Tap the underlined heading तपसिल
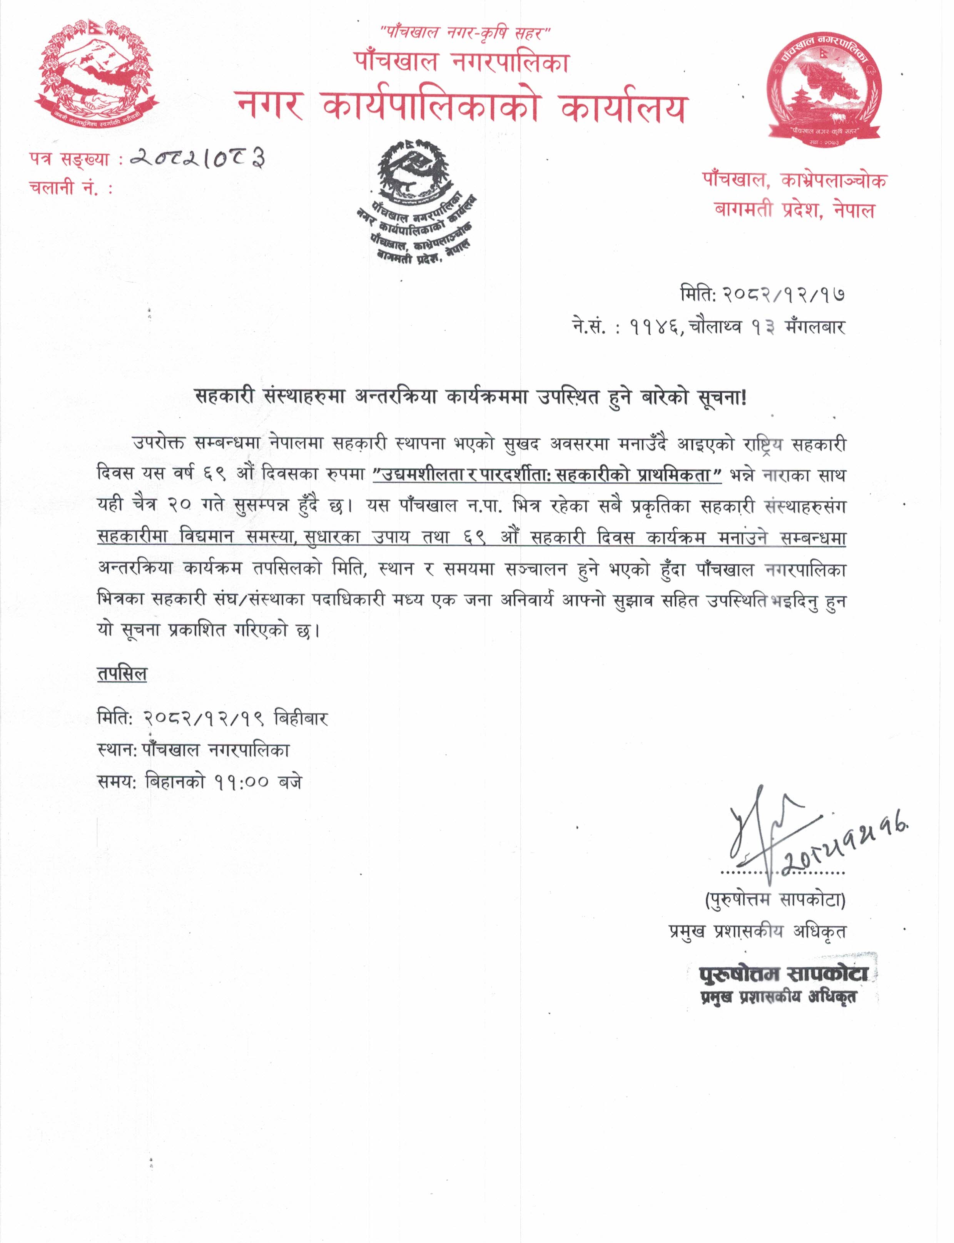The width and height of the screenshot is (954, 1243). tap(122, 674)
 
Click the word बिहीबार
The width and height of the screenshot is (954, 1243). tap(301, 719)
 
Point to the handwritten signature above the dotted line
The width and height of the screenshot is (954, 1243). tap(772, 832)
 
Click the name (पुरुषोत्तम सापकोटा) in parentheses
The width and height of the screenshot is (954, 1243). tap(775, 899)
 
